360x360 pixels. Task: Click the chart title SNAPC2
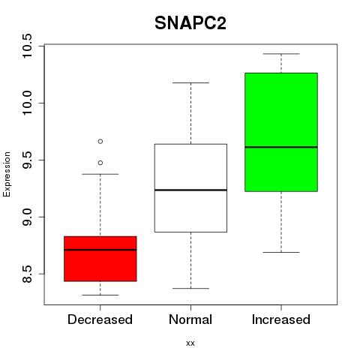coord(190,23)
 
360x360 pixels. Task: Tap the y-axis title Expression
coord(7,174)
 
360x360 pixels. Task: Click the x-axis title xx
coord(190,343)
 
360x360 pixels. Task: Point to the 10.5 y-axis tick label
coord(26,46)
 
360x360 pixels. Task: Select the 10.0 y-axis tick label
coord(26,103)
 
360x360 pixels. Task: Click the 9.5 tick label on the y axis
coord(26,160)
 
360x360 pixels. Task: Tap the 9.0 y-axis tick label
coord(26,217)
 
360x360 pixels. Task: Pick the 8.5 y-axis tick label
coord(26,274)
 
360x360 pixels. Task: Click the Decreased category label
coord(100,319)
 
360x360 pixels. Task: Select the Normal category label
coord(190,319)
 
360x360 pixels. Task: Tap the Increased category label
coord(281,319)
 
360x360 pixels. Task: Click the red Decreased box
coord(100,259)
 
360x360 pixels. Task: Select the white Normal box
coord(190,188)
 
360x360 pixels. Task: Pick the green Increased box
coord(281,132)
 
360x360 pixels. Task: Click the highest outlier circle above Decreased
coord(100,142)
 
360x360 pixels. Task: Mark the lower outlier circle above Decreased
coord(100,163)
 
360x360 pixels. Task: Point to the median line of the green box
coord(281,147)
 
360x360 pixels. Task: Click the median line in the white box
coord(190,190)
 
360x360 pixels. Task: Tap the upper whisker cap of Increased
coord(281,54)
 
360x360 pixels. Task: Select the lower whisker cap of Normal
coord(190,289)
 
